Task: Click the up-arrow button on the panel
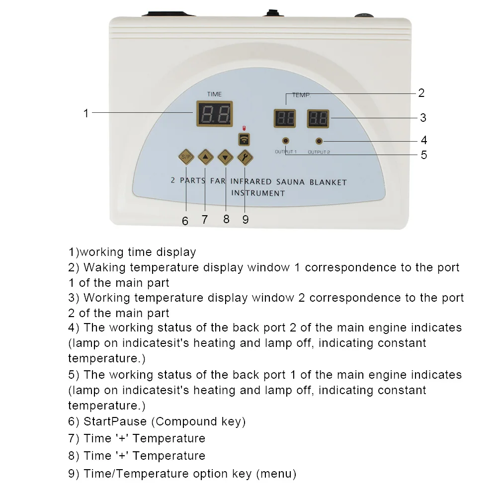coord(206,158)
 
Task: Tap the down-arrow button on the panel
coord(226,158)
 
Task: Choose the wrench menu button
coord(245,158)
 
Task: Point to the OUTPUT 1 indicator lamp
coord(286,141)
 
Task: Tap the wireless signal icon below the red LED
coord(244,139)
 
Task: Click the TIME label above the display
coord(214,94)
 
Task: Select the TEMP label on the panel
coord(300,94)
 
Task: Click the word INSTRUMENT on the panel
coord(258,193)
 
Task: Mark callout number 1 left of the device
coord(85,113)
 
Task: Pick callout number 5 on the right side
coord(423,155)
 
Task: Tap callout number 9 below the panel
coord(246,220)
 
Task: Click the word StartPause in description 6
coord(115,422)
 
